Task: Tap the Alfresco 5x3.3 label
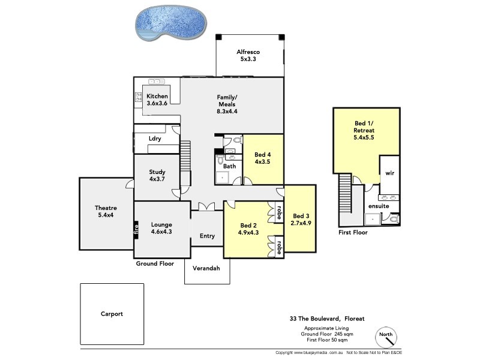248,55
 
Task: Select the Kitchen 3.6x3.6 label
157,100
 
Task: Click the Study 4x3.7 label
157,176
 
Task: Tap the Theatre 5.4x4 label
106,212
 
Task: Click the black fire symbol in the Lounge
136,229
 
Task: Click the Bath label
230,166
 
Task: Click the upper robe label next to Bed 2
279,212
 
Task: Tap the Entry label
207,236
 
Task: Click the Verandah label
206,268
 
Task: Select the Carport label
112,313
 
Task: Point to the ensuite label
379,206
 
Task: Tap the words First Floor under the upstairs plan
353,232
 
